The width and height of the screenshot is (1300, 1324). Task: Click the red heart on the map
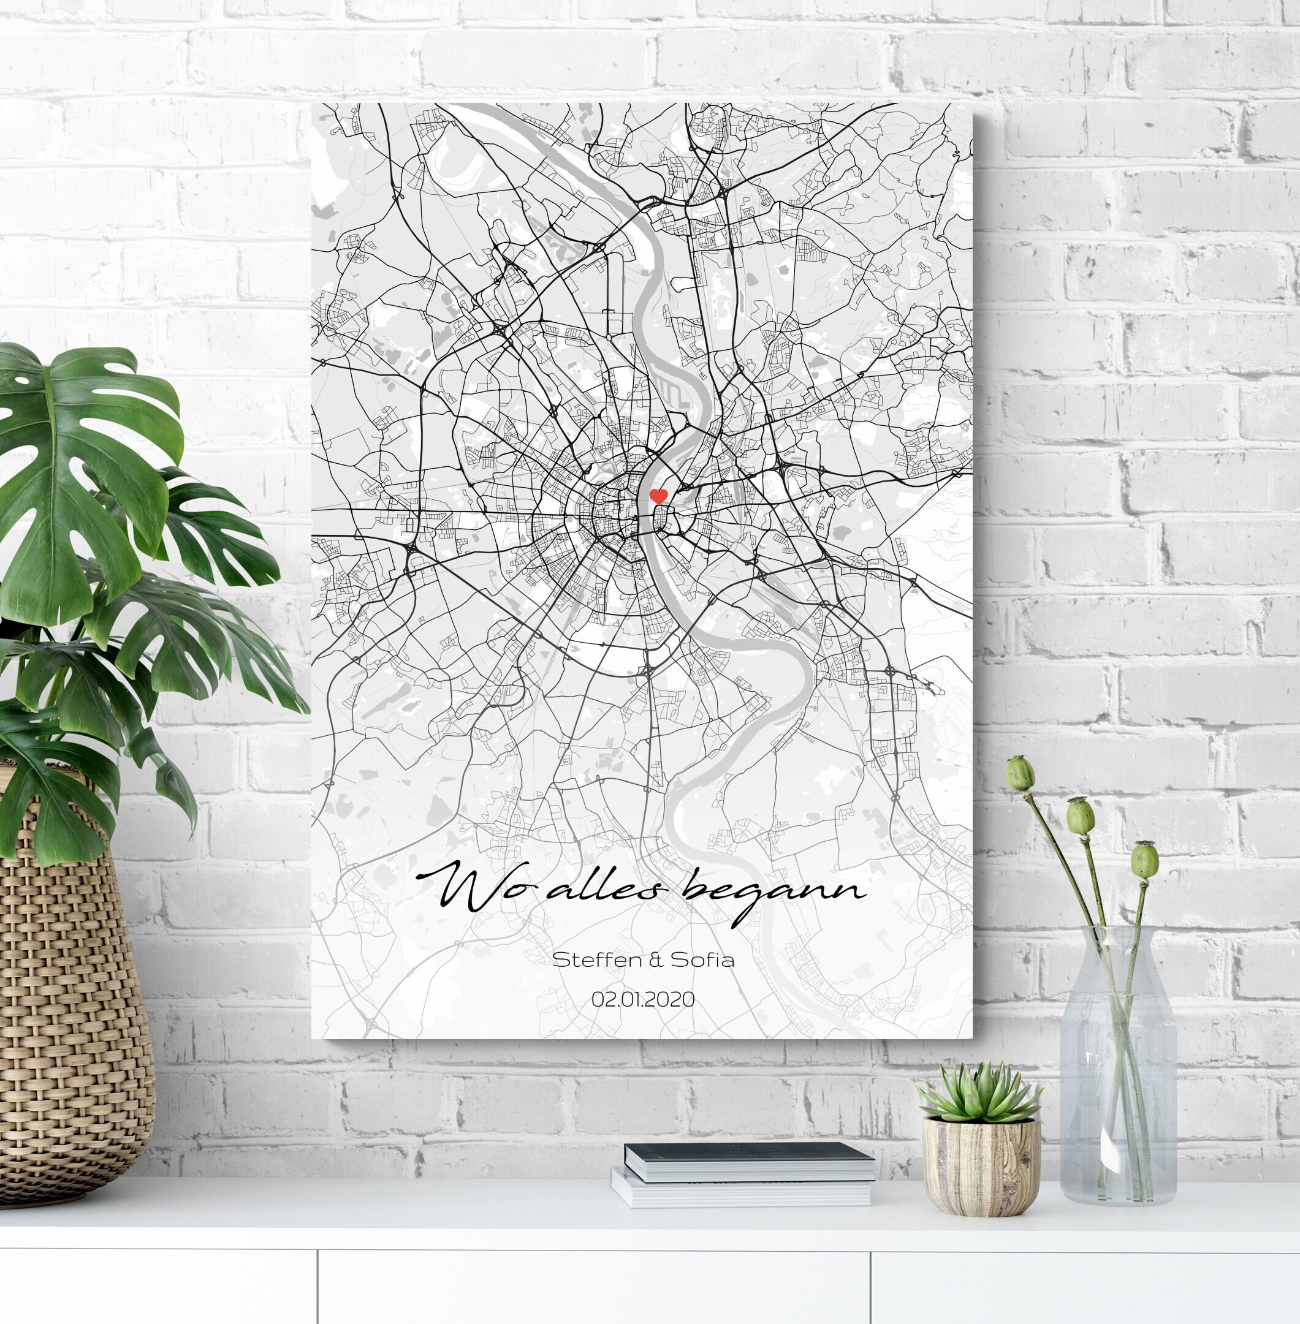[x=658, y=496]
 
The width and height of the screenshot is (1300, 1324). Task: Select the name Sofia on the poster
[x=702, y=960]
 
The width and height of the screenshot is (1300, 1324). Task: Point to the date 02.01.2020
[x=643, y=1000]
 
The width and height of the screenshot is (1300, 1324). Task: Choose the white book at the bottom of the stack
[x=741, y=1191]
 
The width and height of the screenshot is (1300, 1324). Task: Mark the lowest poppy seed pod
[x=1145, y=863]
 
